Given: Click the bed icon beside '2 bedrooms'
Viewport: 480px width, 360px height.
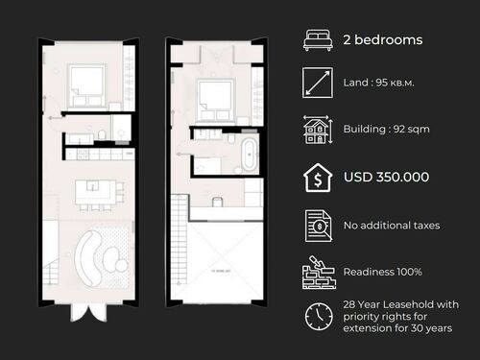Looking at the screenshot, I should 317,41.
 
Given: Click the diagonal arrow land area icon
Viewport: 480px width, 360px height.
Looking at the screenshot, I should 317,84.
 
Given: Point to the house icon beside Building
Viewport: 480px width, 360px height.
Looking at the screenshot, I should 317,131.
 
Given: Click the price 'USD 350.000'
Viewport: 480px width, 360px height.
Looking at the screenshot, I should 385,177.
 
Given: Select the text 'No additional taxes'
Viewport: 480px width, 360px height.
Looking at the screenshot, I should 391,225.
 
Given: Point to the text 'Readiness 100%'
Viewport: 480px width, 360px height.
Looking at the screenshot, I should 382,271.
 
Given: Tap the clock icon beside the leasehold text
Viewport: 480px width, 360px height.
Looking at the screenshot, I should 317,316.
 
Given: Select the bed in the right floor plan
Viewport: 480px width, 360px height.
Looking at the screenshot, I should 214,95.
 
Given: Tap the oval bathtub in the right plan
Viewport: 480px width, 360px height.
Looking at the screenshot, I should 249,153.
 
